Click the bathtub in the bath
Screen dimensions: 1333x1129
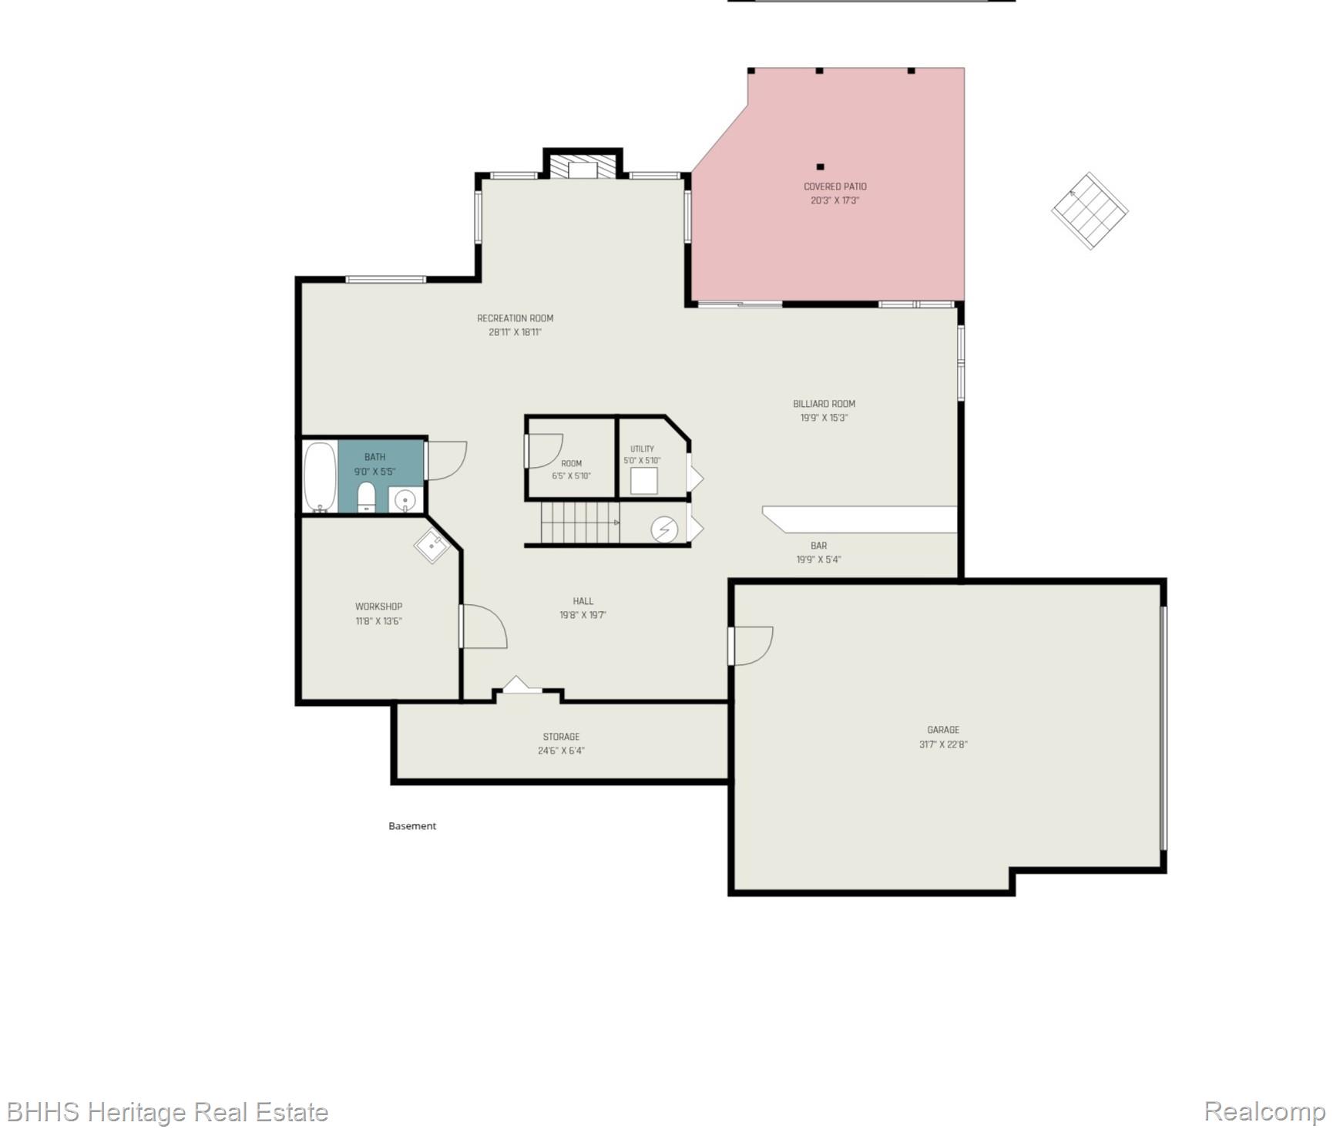(x=320, y=476)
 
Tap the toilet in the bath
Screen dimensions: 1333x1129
(x=366, y=497)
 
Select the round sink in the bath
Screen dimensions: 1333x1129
(x=405, y=501)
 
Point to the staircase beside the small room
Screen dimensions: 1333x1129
(x=580, y=522)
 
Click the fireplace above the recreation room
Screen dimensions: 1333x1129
(x=583, y=168)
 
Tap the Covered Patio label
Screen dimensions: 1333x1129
(x=835, y=186)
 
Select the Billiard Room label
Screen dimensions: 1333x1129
(x=824, y=404)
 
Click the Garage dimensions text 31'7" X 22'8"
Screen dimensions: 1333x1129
(x=943, y=744)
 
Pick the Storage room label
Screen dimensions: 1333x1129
(x=561, y=737)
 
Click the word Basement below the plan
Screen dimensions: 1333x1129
(x=412, y=826)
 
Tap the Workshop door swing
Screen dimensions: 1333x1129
(x=483, y=627)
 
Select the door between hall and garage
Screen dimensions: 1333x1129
(x=750, y=646)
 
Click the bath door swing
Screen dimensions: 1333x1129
(x=446, y=461)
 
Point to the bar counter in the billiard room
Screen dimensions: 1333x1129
(x=860, y=519)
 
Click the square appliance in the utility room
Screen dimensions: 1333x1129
(x=644, y=481)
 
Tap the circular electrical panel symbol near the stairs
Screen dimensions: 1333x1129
(x=664, y=529)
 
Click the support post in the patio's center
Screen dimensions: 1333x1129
(x=821, y=166)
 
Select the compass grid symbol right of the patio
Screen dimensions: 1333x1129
(x=1090, y=210)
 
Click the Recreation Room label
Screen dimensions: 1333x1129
(x=515, y=318)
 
